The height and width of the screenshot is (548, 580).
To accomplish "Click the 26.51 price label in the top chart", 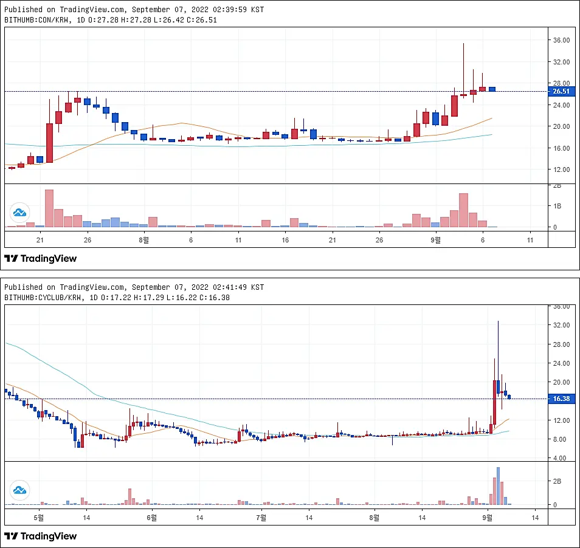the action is [x=561, y=91].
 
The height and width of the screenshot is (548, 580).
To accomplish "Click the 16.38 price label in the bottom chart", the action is [x=561, y=399].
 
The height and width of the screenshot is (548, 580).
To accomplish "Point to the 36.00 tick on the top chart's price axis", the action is [x=561, y=40].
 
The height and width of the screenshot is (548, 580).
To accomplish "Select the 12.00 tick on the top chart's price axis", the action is [x=561, y=170].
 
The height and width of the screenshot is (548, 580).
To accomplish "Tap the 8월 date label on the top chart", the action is [x=144, y=240].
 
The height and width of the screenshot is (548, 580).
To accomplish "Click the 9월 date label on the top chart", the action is [x=436, y=240].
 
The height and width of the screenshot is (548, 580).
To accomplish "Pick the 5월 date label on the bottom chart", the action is [x=39, y=518].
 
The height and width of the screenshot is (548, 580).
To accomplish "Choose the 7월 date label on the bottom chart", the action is [x=261, y=518].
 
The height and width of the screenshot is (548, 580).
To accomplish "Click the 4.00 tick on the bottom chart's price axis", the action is [x=559, y=458].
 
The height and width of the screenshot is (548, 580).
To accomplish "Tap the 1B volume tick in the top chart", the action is [x=557, y=206].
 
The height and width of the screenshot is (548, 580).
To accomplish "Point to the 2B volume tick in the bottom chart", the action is [x=557, y=481].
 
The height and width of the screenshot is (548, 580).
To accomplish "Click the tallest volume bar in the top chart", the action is [x=49, y=208].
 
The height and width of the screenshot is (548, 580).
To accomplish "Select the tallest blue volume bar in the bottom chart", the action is [x=499, y=486].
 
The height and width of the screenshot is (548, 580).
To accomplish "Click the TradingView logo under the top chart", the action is [x=40, y=258].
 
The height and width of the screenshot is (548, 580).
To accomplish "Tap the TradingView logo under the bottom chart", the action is [x=40, y=536].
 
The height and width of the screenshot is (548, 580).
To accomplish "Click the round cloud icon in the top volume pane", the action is [x=19, y=213].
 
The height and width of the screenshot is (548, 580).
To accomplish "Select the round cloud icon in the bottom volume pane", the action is [x=19, y=490].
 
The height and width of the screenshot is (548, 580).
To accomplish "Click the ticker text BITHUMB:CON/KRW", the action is [x=36, y=20].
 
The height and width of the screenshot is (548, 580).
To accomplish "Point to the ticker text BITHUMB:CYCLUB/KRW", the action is [x=43, y=298].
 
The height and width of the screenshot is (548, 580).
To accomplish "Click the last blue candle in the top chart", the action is [x=492, y=89].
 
